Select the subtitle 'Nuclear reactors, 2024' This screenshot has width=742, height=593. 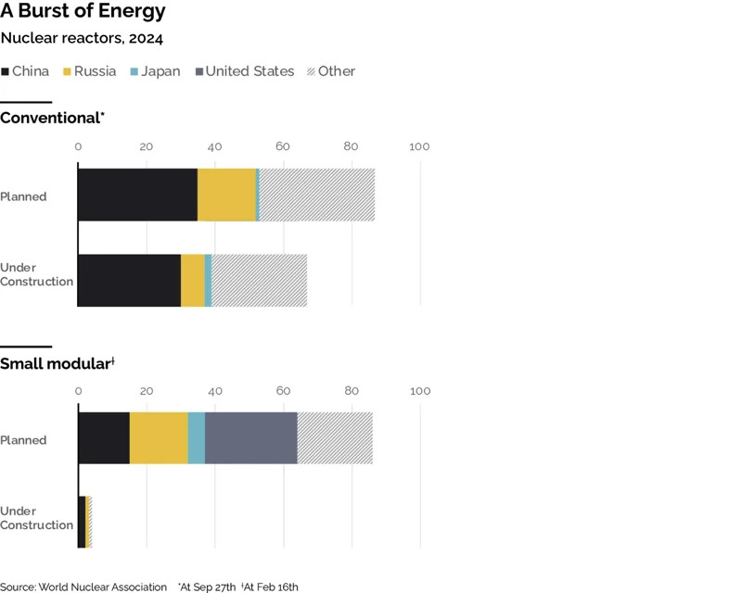point(83,39)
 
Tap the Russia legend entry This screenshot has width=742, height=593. point(89,71)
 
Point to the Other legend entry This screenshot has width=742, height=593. point(330,71)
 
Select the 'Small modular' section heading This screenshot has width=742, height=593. point(57,362)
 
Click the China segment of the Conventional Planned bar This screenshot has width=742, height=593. point(137,195)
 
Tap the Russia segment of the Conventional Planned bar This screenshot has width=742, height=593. point(226,195)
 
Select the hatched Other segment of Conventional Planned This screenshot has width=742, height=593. point(317,195)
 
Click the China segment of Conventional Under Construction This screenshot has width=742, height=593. point(129,280)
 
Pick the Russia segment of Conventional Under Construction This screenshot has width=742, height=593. point(193,280)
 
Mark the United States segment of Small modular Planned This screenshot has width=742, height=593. point(250,438)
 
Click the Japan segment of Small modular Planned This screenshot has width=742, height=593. point(196,438)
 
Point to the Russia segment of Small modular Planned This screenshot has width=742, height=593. point(159,438)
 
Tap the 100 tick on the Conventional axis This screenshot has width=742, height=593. point(420,147)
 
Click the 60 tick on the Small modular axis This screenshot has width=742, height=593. point(283,391)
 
